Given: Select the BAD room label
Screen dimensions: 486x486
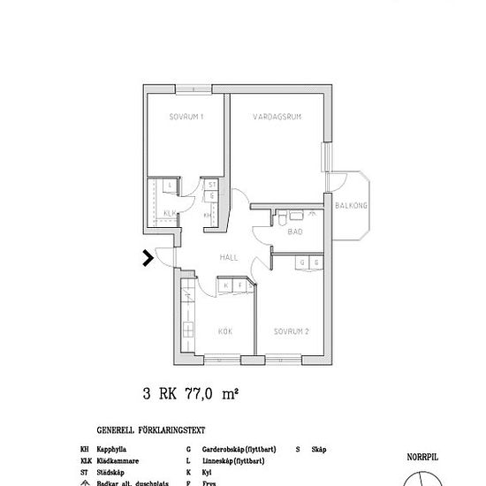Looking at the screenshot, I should click(296, 232).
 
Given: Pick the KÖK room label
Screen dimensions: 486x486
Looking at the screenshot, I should click(224, 332).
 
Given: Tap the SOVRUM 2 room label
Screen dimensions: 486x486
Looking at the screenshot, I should click(292, 332).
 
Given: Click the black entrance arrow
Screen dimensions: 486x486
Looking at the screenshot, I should click(148, 258).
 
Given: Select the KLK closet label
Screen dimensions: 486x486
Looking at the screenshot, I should click(170, 214).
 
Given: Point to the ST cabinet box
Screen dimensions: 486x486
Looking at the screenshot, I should click(212, 185).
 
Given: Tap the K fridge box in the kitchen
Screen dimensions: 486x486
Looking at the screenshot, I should click(226, 285).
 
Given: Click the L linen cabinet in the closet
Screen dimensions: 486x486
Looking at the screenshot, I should click(169, 185).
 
